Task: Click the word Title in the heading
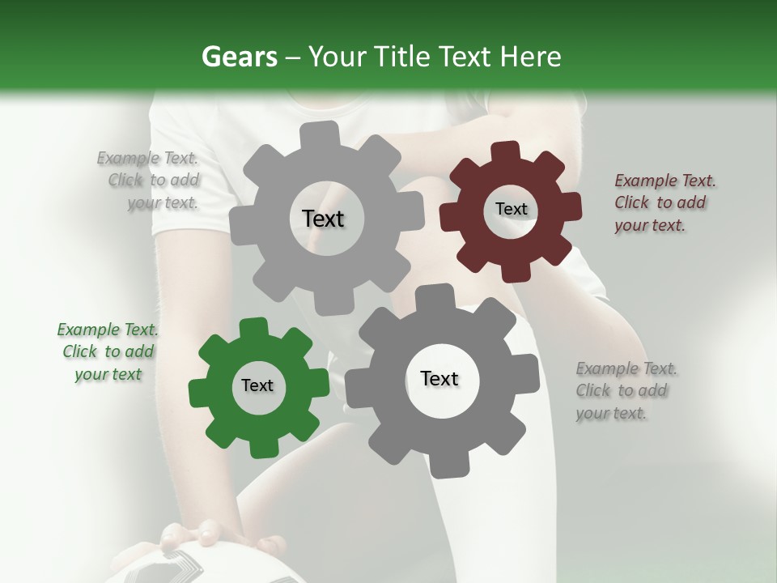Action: coord(400,57)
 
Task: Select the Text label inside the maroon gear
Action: coord(511,209)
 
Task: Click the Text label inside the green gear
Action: coord(257,385)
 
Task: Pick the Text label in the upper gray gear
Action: coord(323,219)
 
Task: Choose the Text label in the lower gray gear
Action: coord(439,378)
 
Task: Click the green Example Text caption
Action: coord(108,352)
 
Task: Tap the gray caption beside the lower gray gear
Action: coord(626,391)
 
